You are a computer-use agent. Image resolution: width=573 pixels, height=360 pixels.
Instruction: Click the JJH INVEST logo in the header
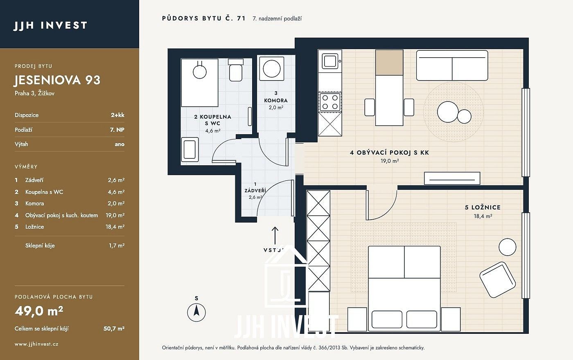(x=50, y=25)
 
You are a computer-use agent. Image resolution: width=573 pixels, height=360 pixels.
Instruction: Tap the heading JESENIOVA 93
(x=57, y=80)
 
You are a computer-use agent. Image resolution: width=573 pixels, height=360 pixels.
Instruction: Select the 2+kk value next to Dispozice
(x=118, y=115)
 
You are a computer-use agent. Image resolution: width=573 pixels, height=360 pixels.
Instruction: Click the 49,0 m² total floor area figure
(x=39, y=311)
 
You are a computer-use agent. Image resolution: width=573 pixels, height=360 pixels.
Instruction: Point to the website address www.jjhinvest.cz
(x=36, y=344)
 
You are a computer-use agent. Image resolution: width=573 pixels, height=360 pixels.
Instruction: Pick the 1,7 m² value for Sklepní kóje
(x=117, y=246)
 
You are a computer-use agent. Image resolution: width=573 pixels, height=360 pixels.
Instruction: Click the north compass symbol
(x=196, y=312)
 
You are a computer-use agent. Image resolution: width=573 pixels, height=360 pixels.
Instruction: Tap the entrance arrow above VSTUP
(x=275, y=236)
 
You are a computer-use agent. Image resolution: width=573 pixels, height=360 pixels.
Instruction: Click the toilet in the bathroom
(x=235, y=70)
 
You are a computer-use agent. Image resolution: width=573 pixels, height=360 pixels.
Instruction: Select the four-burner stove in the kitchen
(x=330, y=102)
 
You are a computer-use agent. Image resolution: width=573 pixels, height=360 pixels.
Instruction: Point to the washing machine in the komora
(x=272, y=69)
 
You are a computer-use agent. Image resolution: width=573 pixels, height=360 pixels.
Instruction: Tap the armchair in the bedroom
(x=498, y=280)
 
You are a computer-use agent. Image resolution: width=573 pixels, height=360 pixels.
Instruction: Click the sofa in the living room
(x=452, y=65)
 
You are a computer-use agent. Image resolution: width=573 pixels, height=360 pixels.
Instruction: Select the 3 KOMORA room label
(x=276, y=97)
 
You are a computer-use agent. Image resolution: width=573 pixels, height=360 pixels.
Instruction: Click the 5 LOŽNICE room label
(x=483, y=207)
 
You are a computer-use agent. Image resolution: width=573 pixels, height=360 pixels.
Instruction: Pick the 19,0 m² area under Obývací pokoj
(x=390, y=161)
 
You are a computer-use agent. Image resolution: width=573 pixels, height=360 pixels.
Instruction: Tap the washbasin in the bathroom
(x=190, y=150)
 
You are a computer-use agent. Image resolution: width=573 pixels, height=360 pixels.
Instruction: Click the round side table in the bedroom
(x=508, y=247)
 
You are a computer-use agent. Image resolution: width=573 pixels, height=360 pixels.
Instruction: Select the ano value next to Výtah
(x=120, y=144)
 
